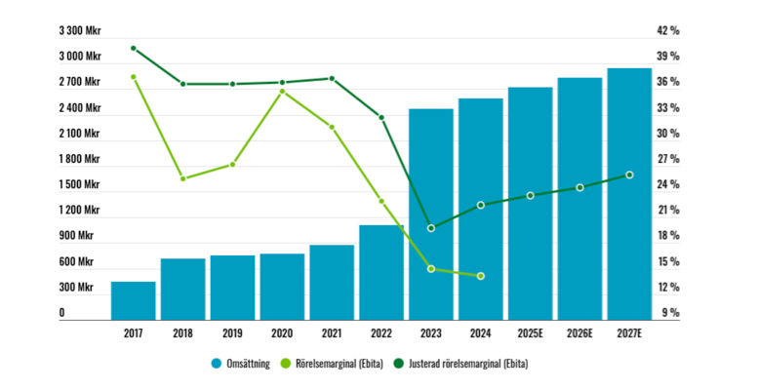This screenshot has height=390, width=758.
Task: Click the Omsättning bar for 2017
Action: tap(133, 299)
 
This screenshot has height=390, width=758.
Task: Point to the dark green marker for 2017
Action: tap(133, 48)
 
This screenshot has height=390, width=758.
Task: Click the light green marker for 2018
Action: tap(182, 178)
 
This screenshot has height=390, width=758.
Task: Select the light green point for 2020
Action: tap(282, 92)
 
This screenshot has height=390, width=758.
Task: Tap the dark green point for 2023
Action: tap(431, 228)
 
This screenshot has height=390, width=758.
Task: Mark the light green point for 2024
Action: tap(481, 276)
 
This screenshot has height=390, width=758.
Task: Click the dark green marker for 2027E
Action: tap(629, 175)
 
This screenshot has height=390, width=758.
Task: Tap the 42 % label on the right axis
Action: tap(668, 31)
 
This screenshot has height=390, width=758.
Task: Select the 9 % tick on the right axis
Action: tap(670, 313)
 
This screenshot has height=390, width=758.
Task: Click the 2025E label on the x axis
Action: tap(530, 333)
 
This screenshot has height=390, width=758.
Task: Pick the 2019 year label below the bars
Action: tap(232, 333)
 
